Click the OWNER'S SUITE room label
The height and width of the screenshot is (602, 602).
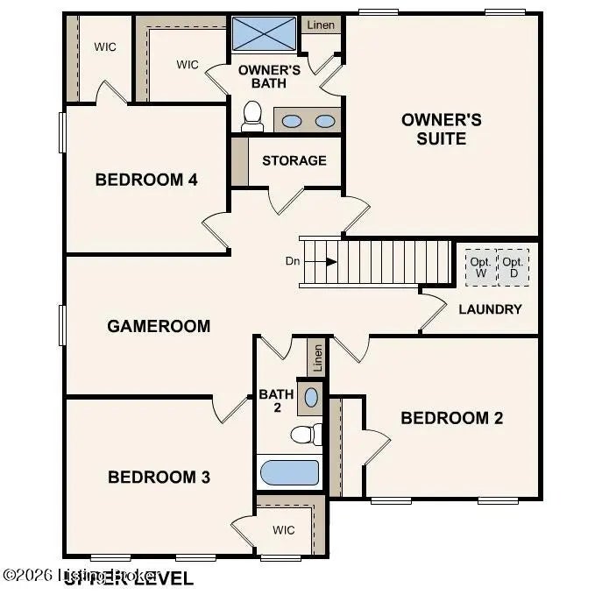442,129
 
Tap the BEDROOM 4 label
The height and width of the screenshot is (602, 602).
146,181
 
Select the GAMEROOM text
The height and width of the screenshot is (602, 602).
159,326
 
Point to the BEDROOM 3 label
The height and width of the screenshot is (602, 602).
159,477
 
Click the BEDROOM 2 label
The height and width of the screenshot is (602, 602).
451,418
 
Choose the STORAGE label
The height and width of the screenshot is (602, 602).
294,160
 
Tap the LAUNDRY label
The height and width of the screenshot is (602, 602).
490,308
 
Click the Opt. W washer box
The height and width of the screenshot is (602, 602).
479,267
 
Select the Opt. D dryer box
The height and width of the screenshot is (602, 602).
513,267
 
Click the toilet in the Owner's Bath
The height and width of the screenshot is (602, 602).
252,116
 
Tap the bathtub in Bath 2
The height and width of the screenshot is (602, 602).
289,472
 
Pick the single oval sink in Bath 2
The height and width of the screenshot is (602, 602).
311,397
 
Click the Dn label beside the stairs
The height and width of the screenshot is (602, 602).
293,261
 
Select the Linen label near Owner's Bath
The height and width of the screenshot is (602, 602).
321,25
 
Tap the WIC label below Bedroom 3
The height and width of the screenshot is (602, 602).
283,530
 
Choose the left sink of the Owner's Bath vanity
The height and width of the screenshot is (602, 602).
293,121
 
